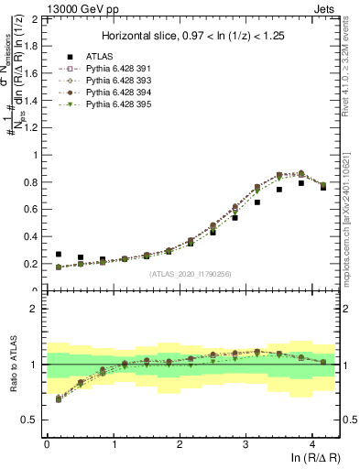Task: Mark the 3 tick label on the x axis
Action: pos(245,442)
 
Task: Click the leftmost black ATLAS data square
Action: pos(59,255)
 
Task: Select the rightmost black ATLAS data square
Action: pos(323,187)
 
